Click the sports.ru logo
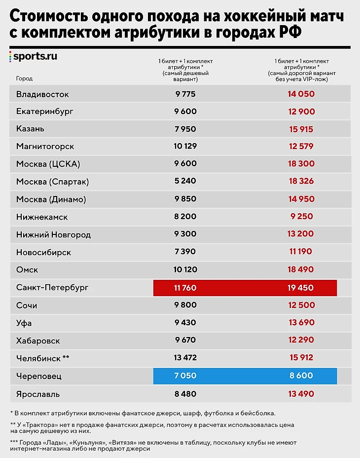(x=33, y=56)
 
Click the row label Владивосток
(x=42, y=94)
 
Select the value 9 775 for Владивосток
(x=185, y=94)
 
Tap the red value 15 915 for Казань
(x=301, y=129)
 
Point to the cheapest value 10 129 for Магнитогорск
(x=185, y=147)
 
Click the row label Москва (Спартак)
(x=52, y=182)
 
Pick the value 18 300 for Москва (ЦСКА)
(x=301, y=164)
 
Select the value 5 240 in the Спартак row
(x=185, y=182)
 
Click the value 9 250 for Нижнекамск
(x=301, y=217)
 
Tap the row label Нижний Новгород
(x=53, y=234)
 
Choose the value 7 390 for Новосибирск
(x=185, y=252)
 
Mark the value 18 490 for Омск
(x=301, y=270)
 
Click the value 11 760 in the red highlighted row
(x=185, y=287)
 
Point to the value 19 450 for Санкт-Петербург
(x=301, y=287)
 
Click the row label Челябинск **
(x=43, y=358)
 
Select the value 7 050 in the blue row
(x=185, y=376)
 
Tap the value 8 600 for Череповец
(x=301, y=376)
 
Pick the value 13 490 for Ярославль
(x=301, y=394)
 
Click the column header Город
(x=24, y=78)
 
